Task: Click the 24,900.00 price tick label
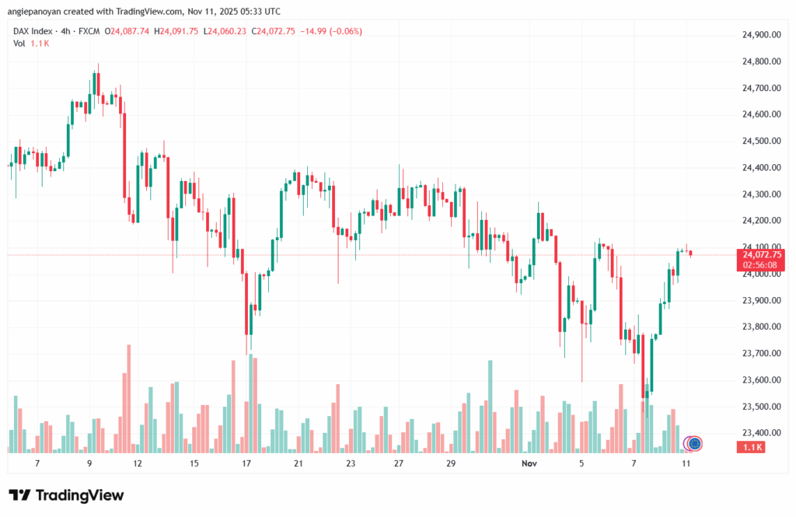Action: point(762,35)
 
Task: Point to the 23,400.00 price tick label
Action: point(762,433)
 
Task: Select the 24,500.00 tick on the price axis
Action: point(762,141)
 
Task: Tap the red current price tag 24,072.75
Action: point(762,254)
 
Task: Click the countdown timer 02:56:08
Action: point(762,265)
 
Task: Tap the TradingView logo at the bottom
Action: point(65,495)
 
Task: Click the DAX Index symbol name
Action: point(33,31)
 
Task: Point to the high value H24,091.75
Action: point(176,31)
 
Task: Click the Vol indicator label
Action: point(19,43)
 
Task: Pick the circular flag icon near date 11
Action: point(695,444)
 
